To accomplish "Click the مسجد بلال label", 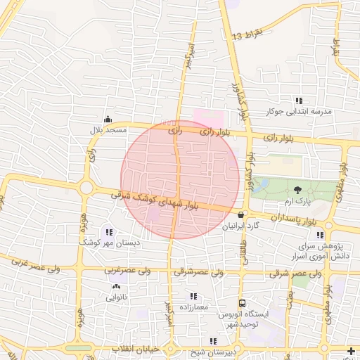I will click(107, 130).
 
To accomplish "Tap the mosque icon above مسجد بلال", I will click(107, 119).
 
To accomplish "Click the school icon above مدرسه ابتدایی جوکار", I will click(299, 101).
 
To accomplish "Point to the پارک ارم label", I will click(297, 201).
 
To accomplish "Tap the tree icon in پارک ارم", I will click(297, 190).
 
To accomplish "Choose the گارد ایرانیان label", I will click(242, 227).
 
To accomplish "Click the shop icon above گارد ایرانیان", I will click(241, 215).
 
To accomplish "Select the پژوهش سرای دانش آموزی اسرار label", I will click(303, 254).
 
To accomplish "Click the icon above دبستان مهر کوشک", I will click(108, 231).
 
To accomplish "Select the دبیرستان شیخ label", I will click(198, 352).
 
